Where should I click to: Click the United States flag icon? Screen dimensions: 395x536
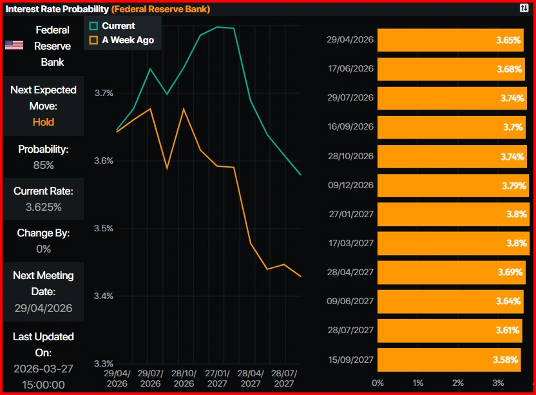coord(14,45)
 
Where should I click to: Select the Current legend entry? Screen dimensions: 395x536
coord(113,26)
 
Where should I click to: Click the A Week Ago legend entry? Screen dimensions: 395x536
coord(122,40)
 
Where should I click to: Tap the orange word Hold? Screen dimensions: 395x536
coord(43,122)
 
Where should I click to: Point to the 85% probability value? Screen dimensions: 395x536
coord(43,165)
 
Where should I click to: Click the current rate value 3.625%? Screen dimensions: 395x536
coord(43,207)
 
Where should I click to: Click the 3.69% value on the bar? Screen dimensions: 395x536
coord(510,272)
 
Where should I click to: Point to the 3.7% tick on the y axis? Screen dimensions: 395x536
coord(103,93)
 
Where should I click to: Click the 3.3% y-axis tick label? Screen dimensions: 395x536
coord(103,363)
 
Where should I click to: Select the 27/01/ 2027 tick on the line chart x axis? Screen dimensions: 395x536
coord(217,378)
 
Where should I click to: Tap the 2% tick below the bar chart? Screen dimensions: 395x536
coord(458,383)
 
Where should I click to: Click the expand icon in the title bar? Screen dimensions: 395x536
coord(524,8)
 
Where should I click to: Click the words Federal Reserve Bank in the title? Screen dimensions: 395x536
coord(160,9)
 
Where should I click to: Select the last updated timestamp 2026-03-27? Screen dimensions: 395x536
coord(43,369)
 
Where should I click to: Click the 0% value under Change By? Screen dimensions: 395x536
coord(43,249)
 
